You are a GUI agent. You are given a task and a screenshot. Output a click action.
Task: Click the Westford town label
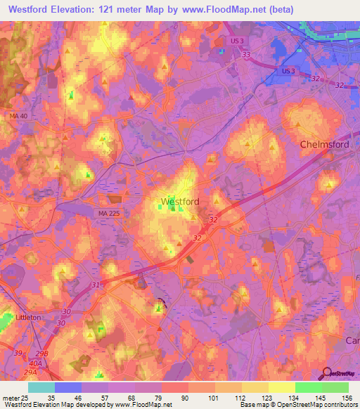click(180, 202)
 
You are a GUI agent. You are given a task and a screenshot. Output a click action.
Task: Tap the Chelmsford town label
click(324, 144)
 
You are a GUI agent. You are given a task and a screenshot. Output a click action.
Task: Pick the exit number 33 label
click(245, 53)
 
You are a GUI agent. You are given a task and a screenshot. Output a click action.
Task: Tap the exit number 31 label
click(96, 285)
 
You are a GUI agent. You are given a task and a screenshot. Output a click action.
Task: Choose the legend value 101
click(205, 397)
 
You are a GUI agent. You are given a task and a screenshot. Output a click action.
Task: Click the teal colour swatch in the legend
click(41, 387)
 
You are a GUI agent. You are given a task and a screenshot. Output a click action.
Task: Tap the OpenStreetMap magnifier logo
click(328, 373)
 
